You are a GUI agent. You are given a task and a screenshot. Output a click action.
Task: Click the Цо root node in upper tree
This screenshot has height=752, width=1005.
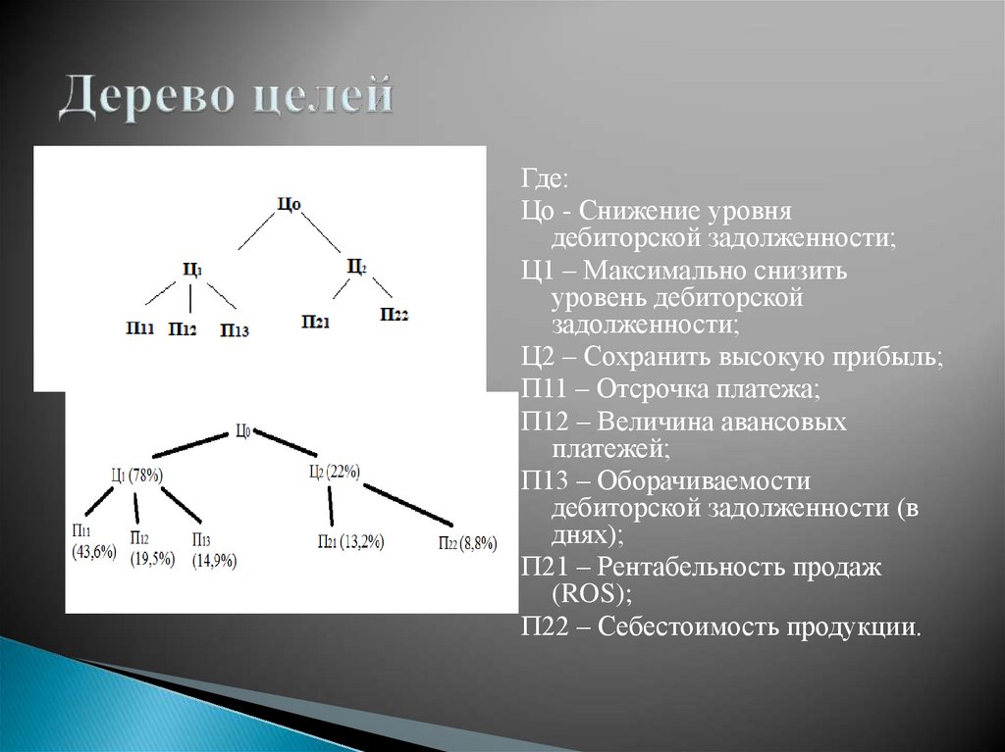click(x=288, y=204)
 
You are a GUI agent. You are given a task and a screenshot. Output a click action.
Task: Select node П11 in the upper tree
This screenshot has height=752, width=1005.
click(x=139, y=327)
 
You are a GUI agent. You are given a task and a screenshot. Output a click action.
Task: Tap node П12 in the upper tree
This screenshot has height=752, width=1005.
click(x=182, y=329)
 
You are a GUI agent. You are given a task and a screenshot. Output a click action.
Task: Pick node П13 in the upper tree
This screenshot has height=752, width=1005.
click(x=235, y=331)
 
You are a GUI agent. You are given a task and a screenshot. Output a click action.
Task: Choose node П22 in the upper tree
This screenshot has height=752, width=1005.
click(x=394, y=314)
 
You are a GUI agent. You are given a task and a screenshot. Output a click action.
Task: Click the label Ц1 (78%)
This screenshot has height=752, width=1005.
click(x=136, y=475)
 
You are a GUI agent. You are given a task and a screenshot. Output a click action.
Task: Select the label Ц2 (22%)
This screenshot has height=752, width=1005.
click(x=335, y=472)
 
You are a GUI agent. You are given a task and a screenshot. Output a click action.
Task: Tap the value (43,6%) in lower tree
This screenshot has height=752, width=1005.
click(x=94, y=552)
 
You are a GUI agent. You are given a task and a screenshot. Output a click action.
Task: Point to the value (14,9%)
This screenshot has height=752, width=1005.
click(x=214, y=561)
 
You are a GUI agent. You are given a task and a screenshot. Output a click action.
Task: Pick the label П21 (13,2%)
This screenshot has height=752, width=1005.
click(x=350, y=541)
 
